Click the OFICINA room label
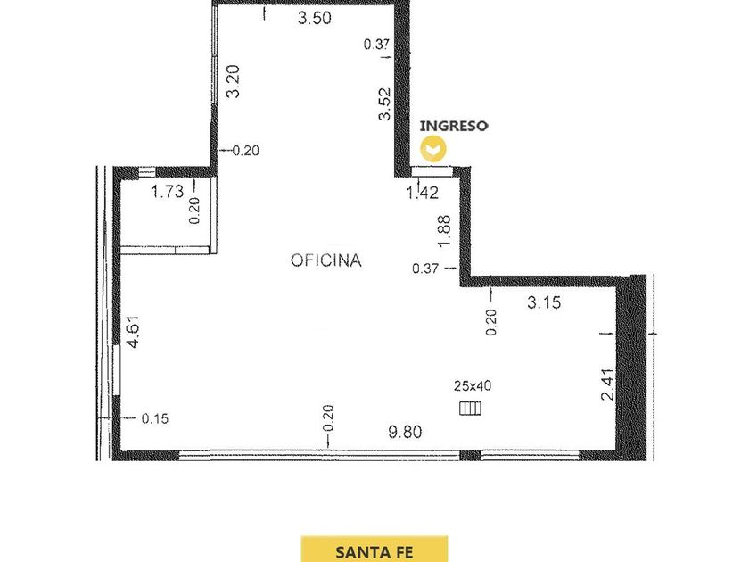click(x=326, y=260)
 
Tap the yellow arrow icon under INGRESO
click(x=433, y=149)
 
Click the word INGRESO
click(x=454, y=126)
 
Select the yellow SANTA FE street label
click(x=374, y=552)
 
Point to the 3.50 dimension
click(x=314, y=18)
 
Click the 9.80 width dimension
click(x=405, y=432)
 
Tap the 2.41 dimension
click(x=607, y=384)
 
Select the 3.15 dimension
click(x=544, y=302)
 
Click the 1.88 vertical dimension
click(x=444, y=231)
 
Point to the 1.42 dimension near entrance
click(x=423, y=193)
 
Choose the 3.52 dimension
click(x=384, y=103)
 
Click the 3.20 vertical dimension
click(x=233, y=81)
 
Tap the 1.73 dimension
click(x=168, y=191)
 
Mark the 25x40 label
click(x=473, y=385)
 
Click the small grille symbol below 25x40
click(x=470, y=409)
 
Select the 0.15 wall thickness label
click(x=155, y=418)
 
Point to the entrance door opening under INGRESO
click(x=432, y=170)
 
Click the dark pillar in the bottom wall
click(x=470, y=455)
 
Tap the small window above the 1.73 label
click(x=147, y=172)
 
